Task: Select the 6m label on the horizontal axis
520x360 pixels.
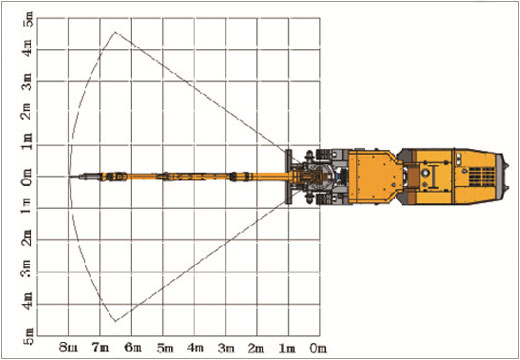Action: coord(133,347)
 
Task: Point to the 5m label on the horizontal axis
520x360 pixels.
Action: coord(164,347)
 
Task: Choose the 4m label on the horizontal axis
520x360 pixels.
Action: coord(195,347)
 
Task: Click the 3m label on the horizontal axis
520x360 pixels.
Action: coord(226,347)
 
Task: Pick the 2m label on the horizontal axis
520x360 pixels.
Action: coord(257,347)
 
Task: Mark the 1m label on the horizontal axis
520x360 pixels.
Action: coord(288,347)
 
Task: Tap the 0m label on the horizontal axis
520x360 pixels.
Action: coord(318,347)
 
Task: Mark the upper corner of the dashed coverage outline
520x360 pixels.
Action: coord(116,32)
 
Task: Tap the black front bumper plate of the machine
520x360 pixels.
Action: coord(288,177)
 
